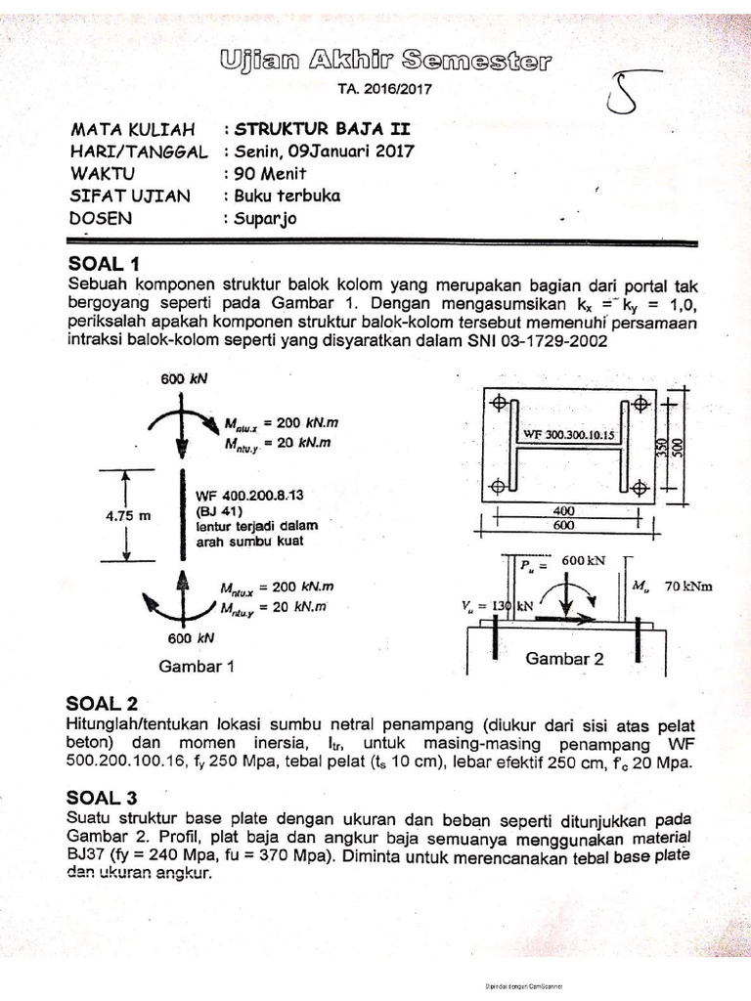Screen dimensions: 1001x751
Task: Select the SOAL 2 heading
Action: tap(102, 703)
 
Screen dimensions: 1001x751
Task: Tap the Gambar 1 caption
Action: tap(199, 667)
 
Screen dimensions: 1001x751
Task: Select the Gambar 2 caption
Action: tap(565, 659)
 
